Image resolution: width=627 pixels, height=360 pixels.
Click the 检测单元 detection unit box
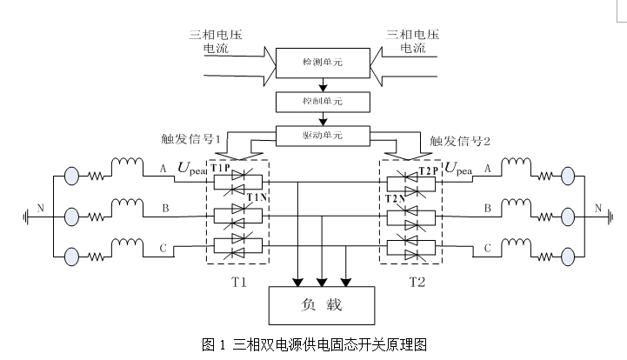click(x=324, y=62)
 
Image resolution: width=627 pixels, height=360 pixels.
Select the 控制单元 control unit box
click(x=324, y=102)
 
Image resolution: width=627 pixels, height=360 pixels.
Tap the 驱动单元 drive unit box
click(x=324, y=136)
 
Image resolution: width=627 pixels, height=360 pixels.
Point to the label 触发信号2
click(x=460, y=140)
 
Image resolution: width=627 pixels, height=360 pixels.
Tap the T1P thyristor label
click(x=221, y=167)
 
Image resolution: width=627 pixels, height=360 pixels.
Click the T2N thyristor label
click(x=396, y=198)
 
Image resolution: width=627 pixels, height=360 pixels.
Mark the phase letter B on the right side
click(x=488, y=209)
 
